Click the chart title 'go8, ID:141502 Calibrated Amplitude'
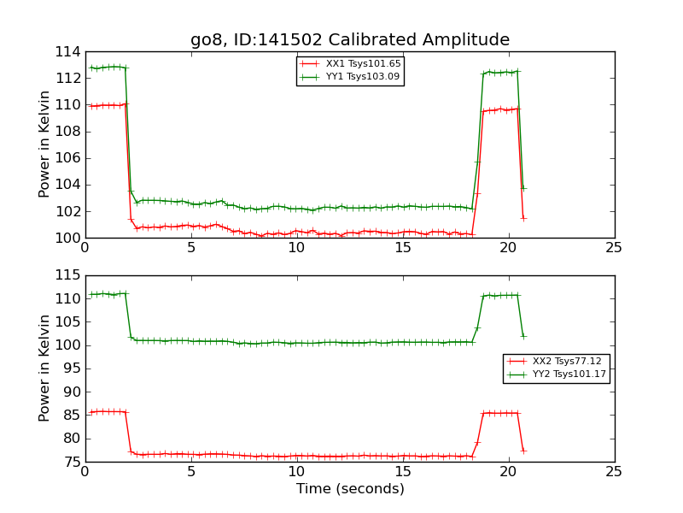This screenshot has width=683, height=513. (350, 40)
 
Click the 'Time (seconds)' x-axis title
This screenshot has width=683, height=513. (350, 489)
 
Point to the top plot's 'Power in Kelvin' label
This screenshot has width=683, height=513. (44, 144)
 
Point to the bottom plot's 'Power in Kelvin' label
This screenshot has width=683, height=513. (44, 369)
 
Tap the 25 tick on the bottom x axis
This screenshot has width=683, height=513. (614, 472)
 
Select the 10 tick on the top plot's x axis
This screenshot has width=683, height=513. (296, 248)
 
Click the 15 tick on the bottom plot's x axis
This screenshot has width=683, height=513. (402, 472)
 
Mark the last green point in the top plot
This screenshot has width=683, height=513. (523, 188)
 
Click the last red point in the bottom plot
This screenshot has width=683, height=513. (523, 451)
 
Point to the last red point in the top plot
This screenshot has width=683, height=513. (523, 218)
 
